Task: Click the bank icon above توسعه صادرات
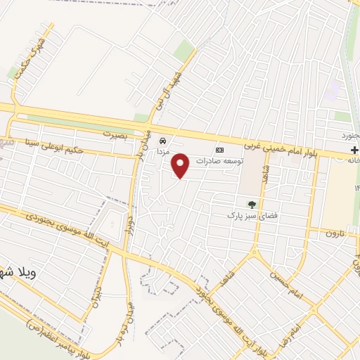point(219,150)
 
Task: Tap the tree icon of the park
point(252,204)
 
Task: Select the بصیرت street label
point(117,133)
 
